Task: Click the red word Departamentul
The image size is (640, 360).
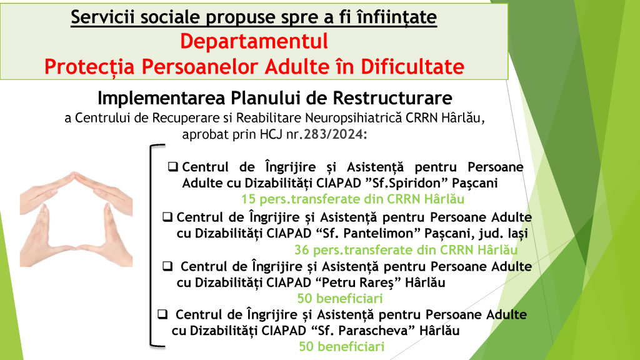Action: (254, 42)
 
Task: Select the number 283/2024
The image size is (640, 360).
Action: (333, 134)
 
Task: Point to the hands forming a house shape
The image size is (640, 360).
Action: (76, 219)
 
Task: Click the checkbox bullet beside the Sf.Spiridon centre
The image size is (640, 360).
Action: (172, 166)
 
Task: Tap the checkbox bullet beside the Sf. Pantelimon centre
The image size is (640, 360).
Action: (167, 217)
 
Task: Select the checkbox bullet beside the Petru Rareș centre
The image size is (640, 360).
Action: (167, 266)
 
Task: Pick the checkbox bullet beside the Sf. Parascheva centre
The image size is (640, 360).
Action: (162, 314)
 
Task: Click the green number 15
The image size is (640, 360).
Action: (248, 199)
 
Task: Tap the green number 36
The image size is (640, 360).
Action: (302, 250)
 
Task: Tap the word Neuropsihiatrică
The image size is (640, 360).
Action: (354, 118)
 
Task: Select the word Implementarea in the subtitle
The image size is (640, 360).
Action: (162, 98)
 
